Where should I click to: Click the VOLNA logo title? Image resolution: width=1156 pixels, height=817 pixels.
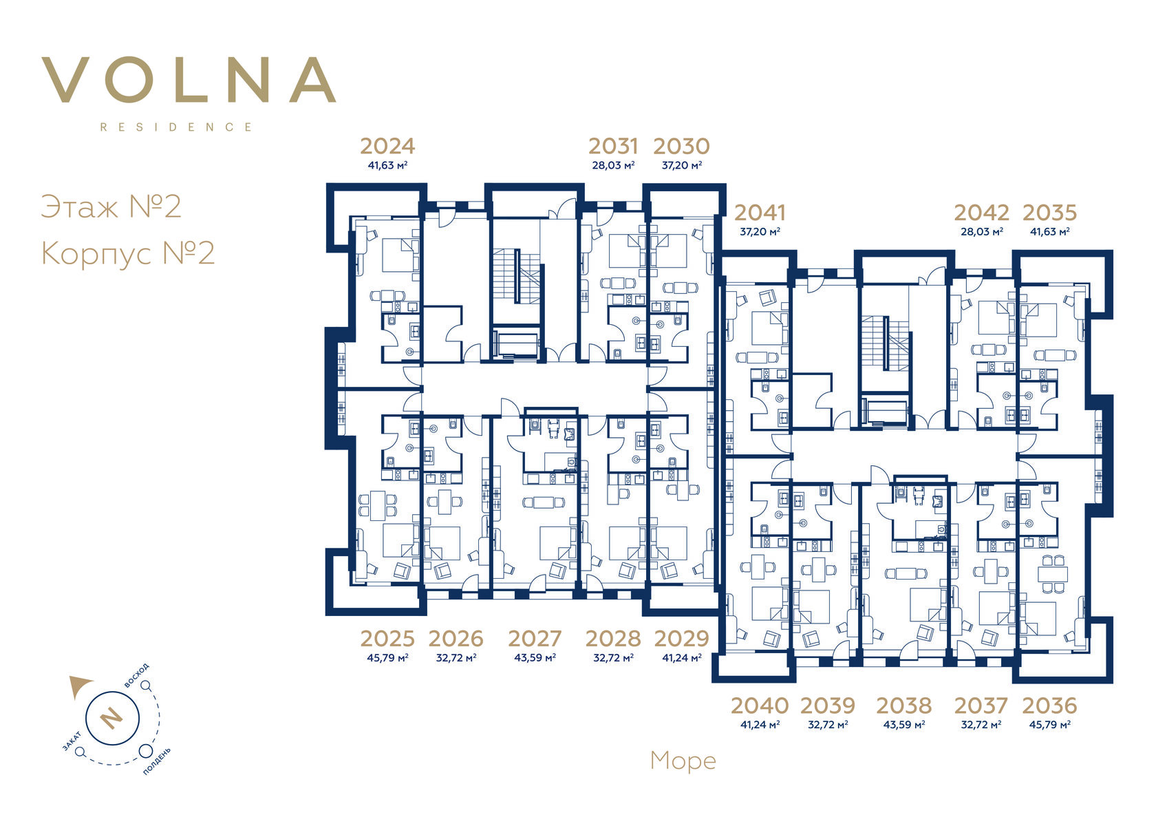point(189,80)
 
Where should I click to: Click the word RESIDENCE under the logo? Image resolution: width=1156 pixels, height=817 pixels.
point(176,127)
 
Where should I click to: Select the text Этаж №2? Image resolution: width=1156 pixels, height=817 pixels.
point(111,206)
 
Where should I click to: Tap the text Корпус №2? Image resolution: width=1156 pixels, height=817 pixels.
point(127,253)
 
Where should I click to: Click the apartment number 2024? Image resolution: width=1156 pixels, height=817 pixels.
point(387,146)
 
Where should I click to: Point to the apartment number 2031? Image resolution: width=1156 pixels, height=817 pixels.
point(613,146)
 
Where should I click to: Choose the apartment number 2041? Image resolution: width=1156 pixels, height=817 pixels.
point(760,213)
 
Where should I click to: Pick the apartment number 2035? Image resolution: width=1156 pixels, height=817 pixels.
point(1050,213)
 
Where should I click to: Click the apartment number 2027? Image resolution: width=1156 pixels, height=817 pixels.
point(535,639)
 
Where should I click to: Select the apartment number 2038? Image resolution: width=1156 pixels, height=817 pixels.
point(903,705)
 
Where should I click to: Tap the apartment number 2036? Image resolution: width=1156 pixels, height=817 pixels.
point(1050,705)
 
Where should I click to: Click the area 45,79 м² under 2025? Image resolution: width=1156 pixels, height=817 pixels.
point(387,658)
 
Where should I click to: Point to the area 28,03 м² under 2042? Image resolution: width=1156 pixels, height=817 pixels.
point(981,232)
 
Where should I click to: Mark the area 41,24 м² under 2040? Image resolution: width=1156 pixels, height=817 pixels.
point(760,725)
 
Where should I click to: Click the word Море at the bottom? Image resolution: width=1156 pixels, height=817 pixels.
point(683,761)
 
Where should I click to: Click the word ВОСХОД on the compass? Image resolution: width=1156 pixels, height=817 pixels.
point(137,675)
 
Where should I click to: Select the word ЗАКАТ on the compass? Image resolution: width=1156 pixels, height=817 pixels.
point(72,741)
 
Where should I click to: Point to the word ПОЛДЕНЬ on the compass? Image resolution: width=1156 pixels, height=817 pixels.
point(156,761)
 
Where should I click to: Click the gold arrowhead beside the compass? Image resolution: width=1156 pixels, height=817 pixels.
point(80,686)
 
